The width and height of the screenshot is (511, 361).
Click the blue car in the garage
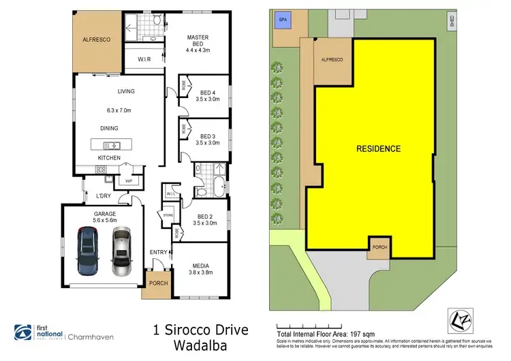click(89, 251)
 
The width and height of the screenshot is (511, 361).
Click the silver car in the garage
click(121, 251)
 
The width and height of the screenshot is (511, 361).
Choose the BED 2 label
click(206, 218)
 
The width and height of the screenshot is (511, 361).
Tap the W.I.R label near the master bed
click(144, 59)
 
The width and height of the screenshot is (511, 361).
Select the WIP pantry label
click(127, 180)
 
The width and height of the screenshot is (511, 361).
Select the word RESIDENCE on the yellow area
click(378, 148)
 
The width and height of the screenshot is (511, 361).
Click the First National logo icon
click(23, 332)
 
